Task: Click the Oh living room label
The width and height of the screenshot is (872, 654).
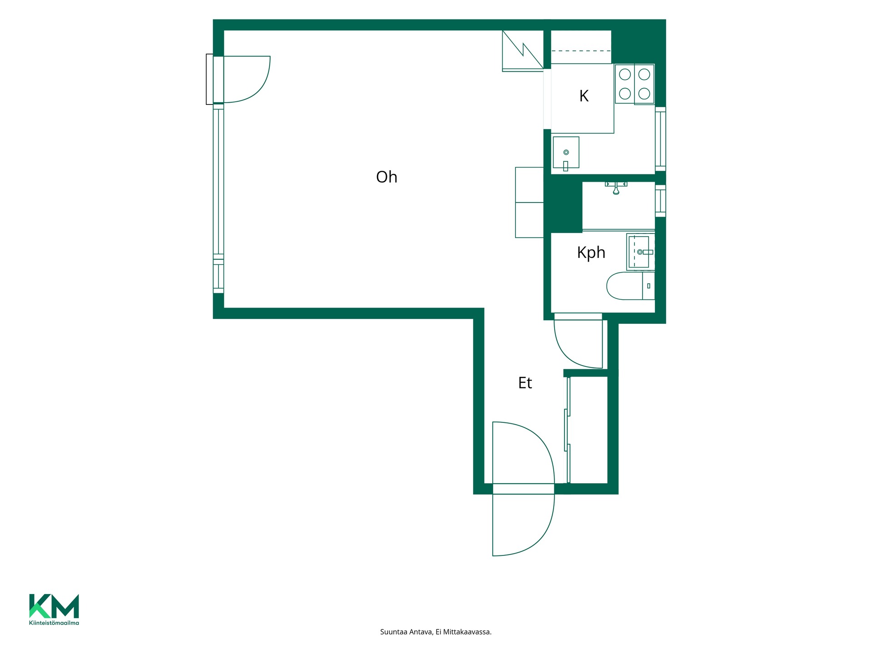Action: tap(386, 177)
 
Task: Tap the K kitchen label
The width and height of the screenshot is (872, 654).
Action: tap(584, 96)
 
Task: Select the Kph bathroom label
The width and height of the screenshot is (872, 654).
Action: tap(591, 253)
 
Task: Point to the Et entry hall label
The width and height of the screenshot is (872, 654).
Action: tap(525, 383)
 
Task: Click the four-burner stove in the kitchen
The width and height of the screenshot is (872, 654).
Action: tap(634, 84)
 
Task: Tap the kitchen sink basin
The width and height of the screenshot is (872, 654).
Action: tap(566, 153)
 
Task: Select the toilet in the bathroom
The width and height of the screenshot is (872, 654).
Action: tap(630, 286)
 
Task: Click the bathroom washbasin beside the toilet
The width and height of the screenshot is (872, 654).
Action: tap(640, 252)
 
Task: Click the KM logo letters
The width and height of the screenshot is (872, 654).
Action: tap(54, 606)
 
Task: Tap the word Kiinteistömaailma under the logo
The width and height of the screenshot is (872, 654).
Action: tap(54, 623)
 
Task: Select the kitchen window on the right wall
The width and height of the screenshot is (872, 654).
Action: tap(660, 139)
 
